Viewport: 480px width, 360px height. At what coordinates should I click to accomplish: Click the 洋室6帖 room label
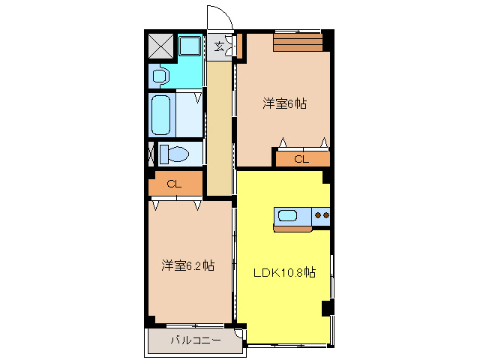pyautogui.click(x=283, y=104)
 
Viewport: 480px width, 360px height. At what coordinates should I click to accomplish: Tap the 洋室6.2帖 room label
pyautogui.click(x=188, y=265)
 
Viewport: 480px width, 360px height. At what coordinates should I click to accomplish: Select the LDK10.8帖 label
pyautogui.click(x=283, y=272)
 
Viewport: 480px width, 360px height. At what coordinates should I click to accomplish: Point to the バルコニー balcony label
pyautogui.click(x=195, y=340)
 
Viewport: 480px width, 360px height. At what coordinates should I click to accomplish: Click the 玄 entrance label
pyautogui.click(x=219, y=46)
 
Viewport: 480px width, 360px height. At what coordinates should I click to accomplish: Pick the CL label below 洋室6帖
pyautogui.click(x=301, y=159)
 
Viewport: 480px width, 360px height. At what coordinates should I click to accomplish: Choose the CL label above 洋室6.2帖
pyautogui.click(x=174, y=184)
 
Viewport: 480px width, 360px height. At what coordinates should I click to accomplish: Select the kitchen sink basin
pyautogui.click(x=288, y=217)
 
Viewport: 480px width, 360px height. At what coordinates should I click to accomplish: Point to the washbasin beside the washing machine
pyautogui.click(x=159, y=76)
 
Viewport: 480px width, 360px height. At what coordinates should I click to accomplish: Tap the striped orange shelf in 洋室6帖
pyautogui.click(x=298, y=42)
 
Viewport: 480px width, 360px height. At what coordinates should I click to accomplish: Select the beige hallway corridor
pyautogui.click(x=219, y=127)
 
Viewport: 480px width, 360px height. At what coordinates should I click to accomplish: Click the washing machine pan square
pyautogui.click(x=190, y=46)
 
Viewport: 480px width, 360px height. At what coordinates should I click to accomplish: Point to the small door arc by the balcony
pyautogui.click(x=239, y=334)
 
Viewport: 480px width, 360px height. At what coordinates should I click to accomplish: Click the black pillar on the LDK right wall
pyautogui.click(x=326, y=307)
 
